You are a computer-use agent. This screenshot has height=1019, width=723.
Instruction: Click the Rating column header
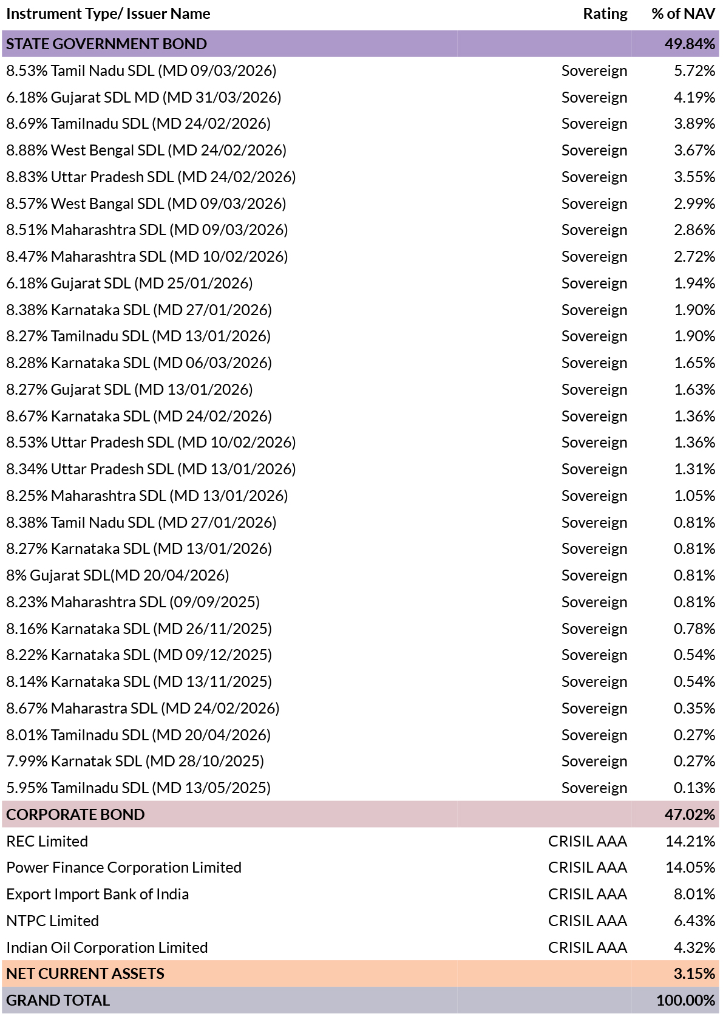coord(605,13)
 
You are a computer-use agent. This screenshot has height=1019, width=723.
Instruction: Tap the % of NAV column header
coord(683,13)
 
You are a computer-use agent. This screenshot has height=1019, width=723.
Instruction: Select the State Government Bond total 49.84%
coord(690,44)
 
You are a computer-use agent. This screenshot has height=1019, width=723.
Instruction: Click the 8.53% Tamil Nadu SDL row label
coord(141,70)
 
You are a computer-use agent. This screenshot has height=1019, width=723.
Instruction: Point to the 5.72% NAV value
coord(694,70)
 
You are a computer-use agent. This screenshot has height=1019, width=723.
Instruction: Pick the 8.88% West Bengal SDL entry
coord(146,150)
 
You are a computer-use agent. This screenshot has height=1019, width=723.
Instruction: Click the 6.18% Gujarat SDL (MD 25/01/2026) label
coord(129,283)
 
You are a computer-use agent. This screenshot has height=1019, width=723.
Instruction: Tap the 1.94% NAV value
coord(694,283)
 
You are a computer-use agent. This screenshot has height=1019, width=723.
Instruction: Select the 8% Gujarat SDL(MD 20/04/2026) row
coord(117,575)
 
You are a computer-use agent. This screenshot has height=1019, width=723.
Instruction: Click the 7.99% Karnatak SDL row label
coord(135,761)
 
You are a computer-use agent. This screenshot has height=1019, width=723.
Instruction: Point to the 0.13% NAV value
coord(694,788)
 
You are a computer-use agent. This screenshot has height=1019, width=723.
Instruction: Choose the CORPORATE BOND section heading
coord(75,814)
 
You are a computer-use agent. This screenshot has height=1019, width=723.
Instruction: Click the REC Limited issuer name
coord(47,841)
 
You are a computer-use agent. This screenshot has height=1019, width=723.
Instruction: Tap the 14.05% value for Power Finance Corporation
coord(690,868)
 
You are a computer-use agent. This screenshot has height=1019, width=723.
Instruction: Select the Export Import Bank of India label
coord(97,895)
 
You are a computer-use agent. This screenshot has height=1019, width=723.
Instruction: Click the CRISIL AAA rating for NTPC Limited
coord(588,921)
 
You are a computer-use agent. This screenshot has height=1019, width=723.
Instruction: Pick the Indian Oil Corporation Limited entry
coord(107,947)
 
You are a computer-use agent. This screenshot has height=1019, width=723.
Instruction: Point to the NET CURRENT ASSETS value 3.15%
coord(694,973)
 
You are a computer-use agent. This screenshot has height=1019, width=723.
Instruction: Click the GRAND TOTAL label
coord(58,1000)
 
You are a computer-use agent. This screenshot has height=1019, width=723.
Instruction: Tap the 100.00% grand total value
coord(686,1000)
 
